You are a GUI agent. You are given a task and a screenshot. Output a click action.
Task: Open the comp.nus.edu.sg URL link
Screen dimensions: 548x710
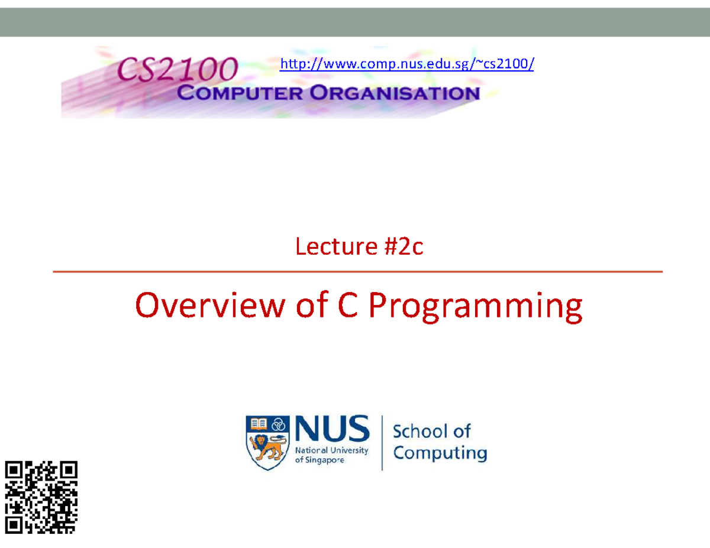[x=406, y=63]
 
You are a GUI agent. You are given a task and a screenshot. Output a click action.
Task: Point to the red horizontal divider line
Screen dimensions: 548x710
[x=357, y=272]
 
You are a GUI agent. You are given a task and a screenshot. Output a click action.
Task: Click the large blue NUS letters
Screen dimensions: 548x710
[x=332, y=430]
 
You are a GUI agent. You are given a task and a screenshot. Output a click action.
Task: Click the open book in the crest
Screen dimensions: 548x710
[x=259, y=423]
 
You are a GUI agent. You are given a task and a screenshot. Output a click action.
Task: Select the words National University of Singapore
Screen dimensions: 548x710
[x=331, y=455]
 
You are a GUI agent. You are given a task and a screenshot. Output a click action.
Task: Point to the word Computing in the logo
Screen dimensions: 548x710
[x=440, y=454]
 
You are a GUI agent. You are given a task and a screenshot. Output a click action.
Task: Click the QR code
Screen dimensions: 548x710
[x=41, y=497]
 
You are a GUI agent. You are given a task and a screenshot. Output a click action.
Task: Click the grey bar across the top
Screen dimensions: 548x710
[x=355, y=22]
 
